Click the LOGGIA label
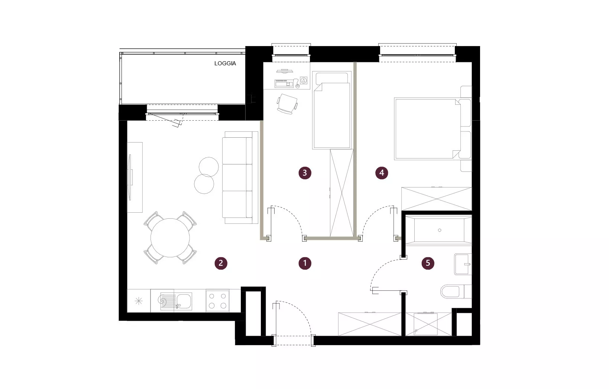[225, 63]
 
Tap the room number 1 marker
[305, 263]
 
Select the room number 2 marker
[221, 263]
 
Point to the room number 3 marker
[305, 173]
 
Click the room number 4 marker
[382, 173]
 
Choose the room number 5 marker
[428, 263]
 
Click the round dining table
[170, 238]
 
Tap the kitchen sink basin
[184, 301]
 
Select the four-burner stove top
[217, 301]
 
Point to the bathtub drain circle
[440, 231]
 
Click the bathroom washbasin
[463, 264]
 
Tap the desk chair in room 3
[287, 104]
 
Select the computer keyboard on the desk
[284, 84]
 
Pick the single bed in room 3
[332, 110]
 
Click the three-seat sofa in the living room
[240, 178]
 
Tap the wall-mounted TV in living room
[130, 177]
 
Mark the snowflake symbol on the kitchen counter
[139, 301]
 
